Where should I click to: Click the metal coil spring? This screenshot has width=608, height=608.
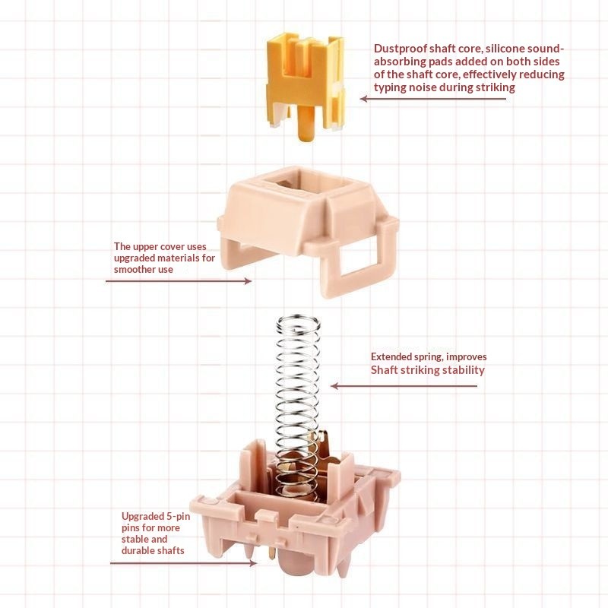click(299, 404)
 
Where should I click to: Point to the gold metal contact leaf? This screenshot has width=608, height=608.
click(321, 450)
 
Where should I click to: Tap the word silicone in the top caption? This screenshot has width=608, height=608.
click(503, 49)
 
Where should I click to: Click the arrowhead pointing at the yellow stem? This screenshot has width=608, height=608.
click(364, 99)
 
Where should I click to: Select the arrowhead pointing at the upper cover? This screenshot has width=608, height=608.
click(248, 281)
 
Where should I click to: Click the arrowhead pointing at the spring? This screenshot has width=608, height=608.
click(335, 386)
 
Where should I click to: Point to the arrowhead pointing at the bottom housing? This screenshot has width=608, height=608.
click(252, 563)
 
